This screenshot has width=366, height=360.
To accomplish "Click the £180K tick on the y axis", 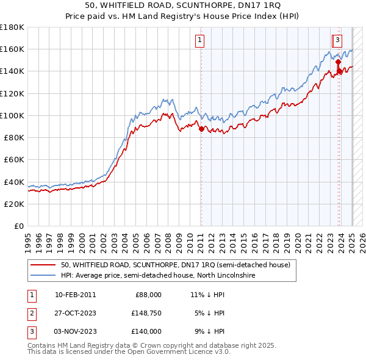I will [x=12, y=27].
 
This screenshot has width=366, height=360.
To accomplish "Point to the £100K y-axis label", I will [x=12, y=115].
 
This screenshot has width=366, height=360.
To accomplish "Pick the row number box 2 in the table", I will [x=30, y=313].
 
